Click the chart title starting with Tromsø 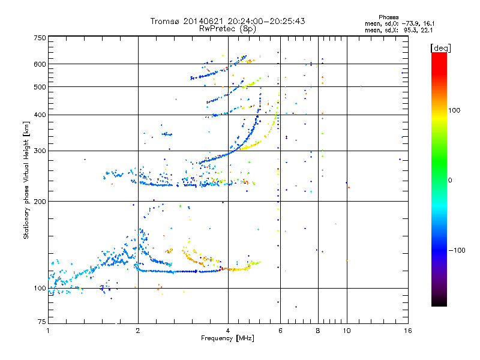click(x=227, y=21)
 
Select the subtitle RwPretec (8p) click(x=227, y=28)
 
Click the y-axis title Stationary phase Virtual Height click(x=26, y=181)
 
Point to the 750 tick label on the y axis click(x=40, y=38)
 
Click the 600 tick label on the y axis click(x=40, y=64)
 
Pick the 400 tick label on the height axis click(x=40, y=115)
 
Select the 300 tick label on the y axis click(x=40, y=151)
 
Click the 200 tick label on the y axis click(x=40, y=202)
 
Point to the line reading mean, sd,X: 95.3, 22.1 click(x=399, y=30)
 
